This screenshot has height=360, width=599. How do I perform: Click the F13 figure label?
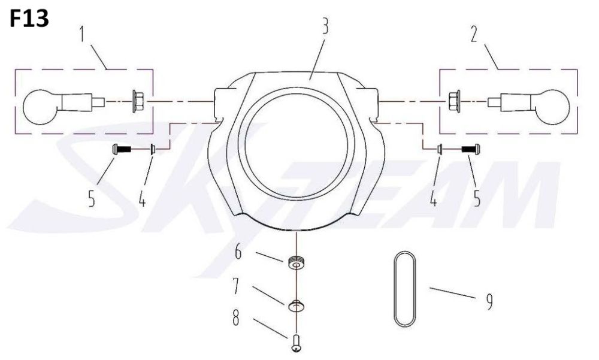29,19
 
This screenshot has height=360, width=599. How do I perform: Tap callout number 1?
83,35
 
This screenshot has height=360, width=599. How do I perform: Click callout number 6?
238,252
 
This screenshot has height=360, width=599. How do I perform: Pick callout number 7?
235,286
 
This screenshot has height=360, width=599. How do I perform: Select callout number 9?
490,301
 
